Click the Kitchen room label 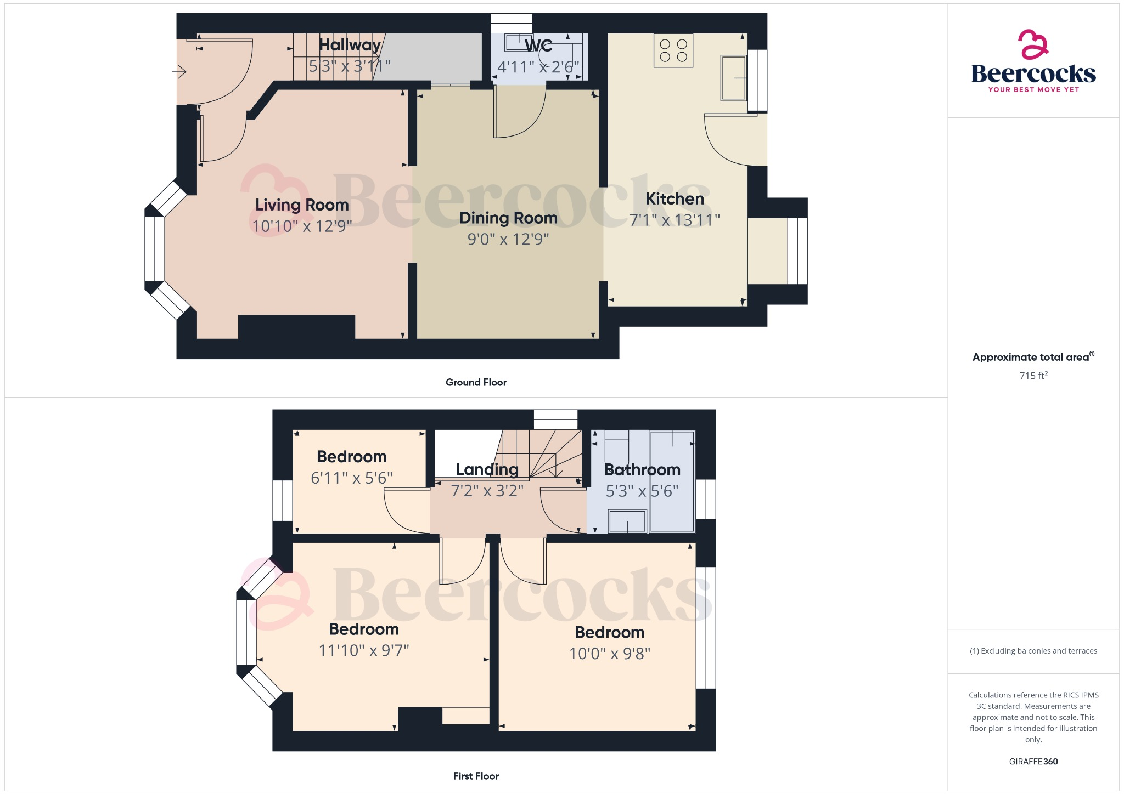[675, 199]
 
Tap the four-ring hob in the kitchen [673, 51]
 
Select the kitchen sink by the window [734, 78]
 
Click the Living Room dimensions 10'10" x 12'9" [302, 226]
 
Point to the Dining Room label [508, 218]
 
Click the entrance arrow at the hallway [179, 72]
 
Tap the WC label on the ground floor [538, 46]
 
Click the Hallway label [350, 45]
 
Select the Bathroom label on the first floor [642, 470]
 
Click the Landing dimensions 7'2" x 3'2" [487, 490]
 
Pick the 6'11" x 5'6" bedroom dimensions [352, 478]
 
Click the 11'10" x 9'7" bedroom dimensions [364, 650]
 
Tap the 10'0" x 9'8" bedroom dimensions [609, 654]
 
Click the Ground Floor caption [476, 382]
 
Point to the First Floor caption [476, 776]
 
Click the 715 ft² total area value [1033, 376]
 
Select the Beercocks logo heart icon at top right [1033, 44]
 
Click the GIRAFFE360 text [1033, 761]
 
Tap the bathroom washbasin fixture [627, 521]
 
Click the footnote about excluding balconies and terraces [1033, 651]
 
